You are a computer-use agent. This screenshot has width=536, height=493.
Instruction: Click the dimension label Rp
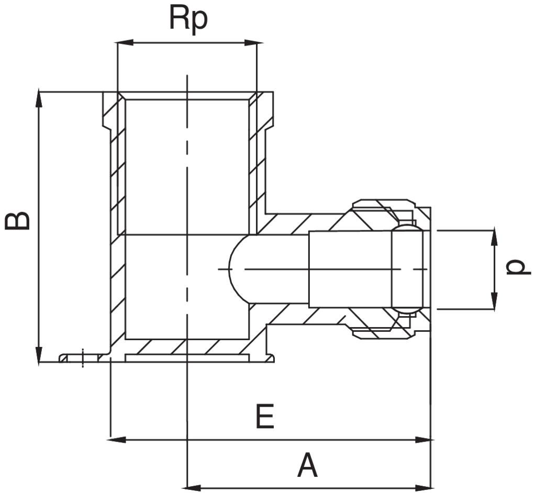point(188,19)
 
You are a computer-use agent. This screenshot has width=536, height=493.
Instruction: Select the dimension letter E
point(265,417)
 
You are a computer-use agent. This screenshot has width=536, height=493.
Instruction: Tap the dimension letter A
point(307,465)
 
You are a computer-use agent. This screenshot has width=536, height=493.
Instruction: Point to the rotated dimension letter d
point(517,267)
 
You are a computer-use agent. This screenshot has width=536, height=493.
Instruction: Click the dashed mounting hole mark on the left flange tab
point(83,357)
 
